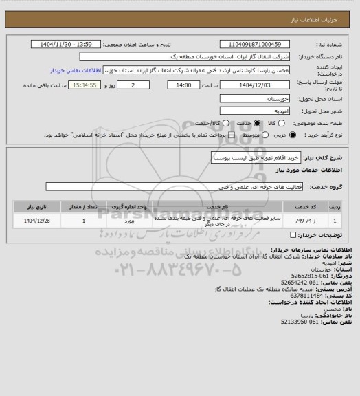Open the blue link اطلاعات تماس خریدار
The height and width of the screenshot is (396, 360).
pos(76,70)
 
